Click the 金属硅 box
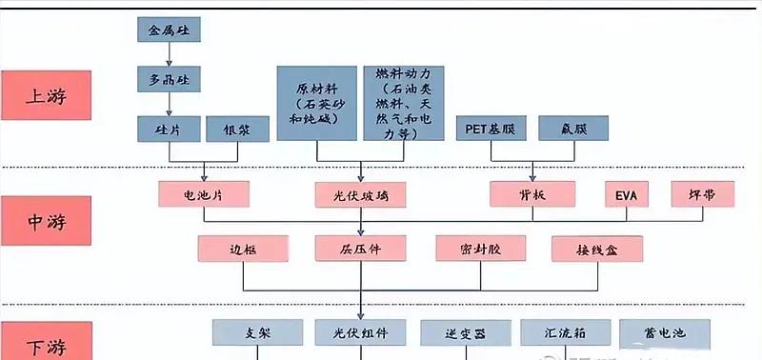pyautogui.click(x=170, y=30)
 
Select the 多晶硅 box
pyautogui.click(x=170, y=80)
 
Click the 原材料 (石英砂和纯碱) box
pyautogui.click(x=317, y=103)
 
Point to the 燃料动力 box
pyautogui.click(x=405, y=103)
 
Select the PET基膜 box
pyautogui.click(x=491, y=129)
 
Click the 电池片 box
pyautogui.click(x=204, y=194)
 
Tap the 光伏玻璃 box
pyautogui.click(x=360, y=194)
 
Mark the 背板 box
pyautogui.click(x=533, y=194)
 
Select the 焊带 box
pyautogui.click(x=704, y=194)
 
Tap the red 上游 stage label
pyautogui.click(x=46, y=96)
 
